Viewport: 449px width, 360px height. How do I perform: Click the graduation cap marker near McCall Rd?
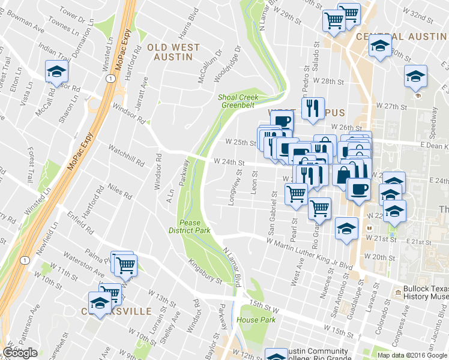pos(56,72)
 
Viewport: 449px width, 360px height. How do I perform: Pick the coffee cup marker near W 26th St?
pos(282,121)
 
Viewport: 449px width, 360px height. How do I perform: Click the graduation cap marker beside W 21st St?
pos(346,229)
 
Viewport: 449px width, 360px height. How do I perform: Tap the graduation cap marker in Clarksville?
pos(100,302)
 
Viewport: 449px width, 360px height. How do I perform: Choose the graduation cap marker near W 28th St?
pos(415,76)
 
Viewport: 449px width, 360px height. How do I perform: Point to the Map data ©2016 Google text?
pos(412,355)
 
